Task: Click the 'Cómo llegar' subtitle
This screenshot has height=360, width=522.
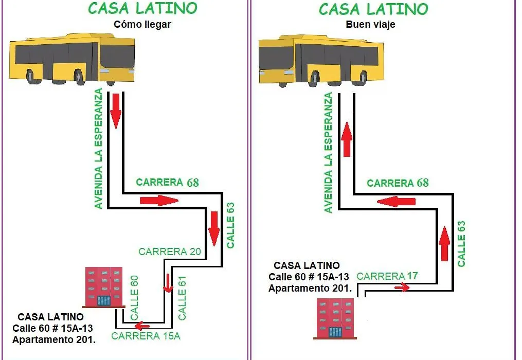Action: tap(142, 25)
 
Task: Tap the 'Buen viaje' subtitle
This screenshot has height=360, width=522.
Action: tap(370, 24)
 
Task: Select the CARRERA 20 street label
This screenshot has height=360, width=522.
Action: tap(170, 251)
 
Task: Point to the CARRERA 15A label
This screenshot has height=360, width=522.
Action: tap(146, 336)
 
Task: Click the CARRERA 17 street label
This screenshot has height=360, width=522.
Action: tap(387, 276)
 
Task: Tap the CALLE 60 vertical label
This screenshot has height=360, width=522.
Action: tap(134, 298)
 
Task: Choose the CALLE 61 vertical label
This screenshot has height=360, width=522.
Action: tap(182, 298)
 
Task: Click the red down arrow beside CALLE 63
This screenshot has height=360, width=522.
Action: tap(214, 229)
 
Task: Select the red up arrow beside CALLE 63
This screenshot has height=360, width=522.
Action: tap(444, 243)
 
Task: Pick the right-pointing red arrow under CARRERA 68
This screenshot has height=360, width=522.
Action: tap(159, 201)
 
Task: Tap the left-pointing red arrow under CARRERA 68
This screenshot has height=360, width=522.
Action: tap(396, 202)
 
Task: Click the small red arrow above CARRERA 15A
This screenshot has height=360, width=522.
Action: tap(143, 326)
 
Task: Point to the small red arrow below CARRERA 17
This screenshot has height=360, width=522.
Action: tap(402, 287)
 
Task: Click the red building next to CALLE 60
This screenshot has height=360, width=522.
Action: tap(103, 287)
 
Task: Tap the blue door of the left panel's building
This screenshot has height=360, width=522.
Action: tap(103, 300)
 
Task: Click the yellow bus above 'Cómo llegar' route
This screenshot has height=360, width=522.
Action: tap(72, 59)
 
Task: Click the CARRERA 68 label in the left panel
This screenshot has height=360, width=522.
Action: tap(167, 182)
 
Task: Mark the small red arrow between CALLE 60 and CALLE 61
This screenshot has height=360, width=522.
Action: tap(168, 283)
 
